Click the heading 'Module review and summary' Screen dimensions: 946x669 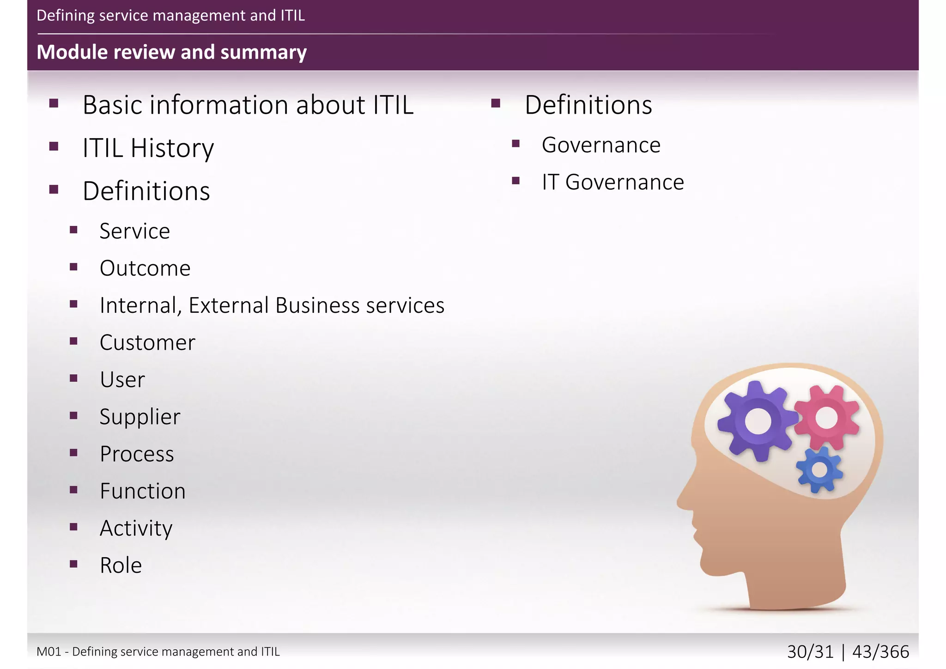coord(171,52)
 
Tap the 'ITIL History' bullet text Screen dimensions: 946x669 coord(148,148)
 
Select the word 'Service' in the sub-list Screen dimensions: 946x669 coord(134,231)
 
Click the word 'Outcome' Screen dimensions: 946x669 coord(145,268)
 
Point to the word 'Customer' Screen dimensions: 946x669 coord(147,343)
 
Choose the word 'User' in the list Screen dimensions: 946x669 coord(122,380)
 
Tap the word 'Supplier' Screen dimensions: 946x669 coord(140,417)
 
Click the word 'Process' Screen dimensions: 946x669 coord(137,454)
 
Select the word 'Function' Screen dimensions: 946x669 coord(143,491)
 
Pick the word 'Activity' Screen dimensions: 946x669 coord(136,528)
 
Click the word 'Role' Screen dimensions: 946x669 coord(121,566)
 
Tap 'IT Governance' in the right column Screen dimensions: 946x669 coord(612,182)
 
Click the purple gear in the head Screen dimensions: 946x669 coord(757,421)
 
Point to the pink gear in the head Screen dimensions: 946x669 coord(826,418)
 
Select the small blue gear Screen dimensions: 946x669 coord(819,470)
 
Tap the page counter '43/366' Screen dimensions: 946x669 coord(880,652)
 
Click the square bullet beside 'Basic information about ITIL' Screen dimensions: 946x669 coord(54,103)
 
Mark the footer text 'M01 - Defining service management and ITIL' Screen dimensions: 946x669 coord(158,651)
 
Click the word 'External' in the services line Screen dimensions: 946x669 coord(229,305)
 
